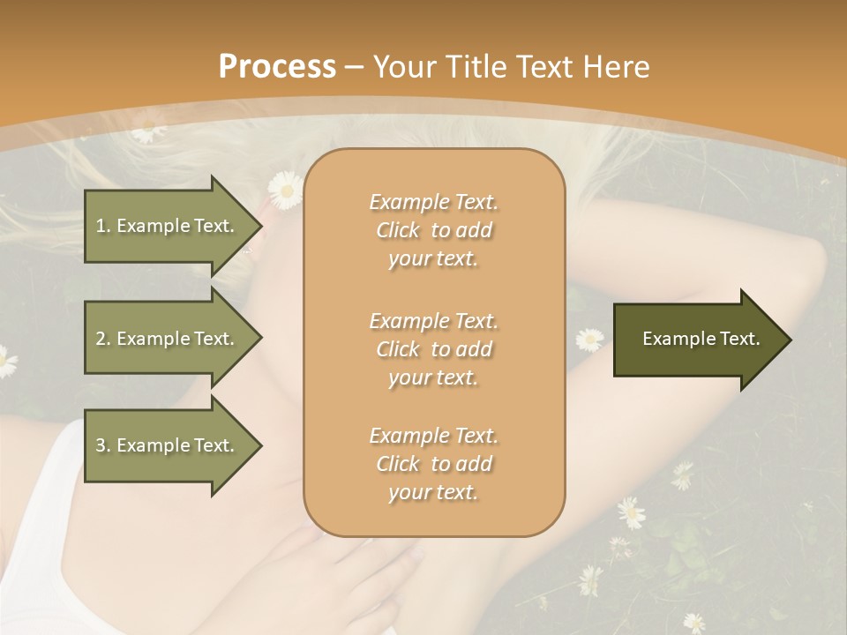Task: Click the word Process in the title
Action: [x=277, y=67]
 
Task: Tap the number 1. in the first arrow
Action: [x=103, y=226]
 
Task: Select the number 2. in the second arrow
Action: [x=103, y=339]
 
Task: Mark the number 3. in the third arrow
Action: [x=103, y=445]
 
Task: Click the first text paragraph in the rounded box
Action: [x=433, y=230]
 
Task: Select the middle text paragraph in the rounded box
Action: [x=433, y=349]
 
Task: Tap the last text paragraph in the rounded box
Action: [x=433, y=464]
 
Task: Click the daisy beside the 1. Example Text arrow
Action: [x=285, y=189]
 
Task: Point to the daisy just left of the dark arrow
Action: [x=589, y=339]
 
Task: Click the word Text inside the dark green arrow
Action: [x=738, y=339]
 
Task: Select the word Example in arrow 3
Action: [x=154, y=445]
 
